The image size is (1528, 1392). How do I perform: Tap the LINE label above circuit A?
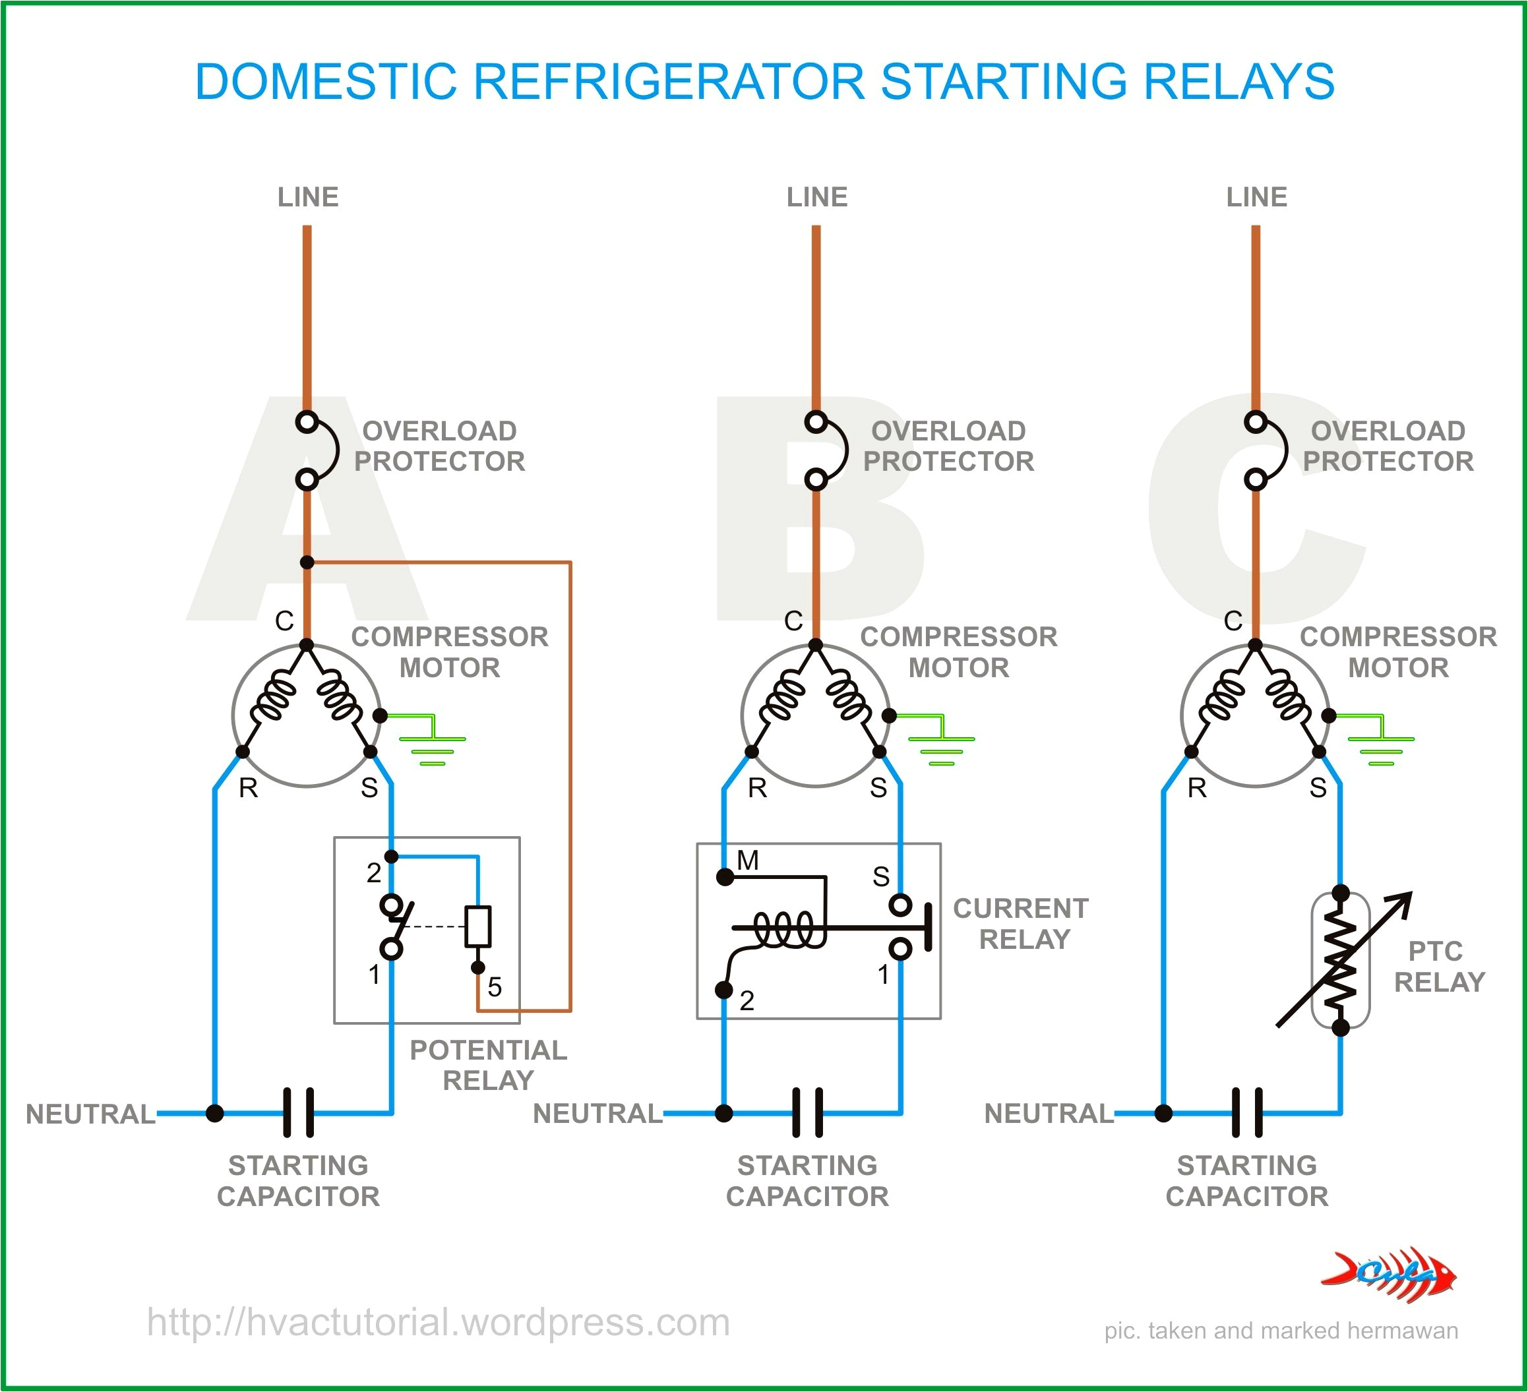coord(308,197)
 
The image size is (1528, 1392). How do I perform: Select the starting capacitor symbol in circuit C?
coord(1248,1112)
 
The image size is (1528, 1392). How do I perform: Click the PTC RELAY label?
coord(1438,966)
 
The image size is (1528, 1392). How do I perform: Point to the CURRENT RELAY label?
coord(1021,923)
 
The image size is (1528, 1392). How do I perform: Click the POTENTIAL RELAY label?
coord(488,1065)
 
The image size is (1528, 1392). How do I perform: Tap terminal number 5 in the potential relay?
coord(494,986)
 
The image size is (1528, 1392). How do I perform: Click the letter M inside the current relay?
coord(747,860)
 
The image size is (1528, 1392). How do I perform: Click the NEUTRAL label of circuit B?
coord(597,1113)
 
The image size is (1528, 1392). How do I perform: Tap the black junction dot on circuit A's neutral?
coord(215,1113)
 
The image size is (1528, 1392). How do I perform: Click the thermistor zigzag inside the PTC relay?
coord(1340,961)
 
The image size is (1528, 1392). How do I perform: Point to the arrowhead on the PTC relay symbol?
coord(1404,899)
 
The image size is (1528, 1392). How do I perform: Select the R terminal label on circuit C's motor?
coord(1197,788)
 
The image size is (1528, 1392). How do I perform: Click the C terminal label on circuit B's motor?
coord(793,621)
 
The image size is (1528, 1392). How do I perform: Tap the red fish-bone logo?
coord(1389,1275)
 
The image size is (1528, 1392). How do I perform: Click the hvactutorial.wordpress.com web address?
coord(438,1322)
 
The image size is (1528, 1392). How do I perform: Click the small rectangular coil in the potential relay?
coord(477,926)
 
